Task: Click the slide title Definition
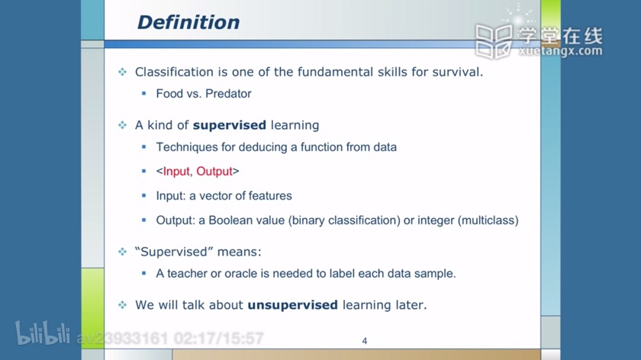pos(188,22)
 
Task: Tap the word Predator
pos(228,94)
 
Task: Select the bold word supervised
pos(230,125)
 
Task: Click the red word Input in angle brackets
pos(176,171)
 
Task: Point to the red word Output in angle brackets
pos(214,171)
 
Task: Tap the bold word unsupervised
pos(293,305)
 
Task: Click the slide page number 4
pos(365,341)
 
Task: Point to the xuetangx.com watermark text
pos(560,51)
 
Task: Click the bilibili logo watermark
pos(43,333)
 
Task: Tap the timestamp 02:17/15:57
pos(219,339)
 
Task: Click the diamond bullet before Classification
pos(123,72)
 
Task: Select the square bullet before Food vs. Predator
pos(144,94)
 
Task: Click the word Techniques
pos(187,147)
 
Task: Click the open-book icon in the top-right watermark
pos(494,41)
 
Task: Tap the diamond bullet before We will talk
pos(123,305)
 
